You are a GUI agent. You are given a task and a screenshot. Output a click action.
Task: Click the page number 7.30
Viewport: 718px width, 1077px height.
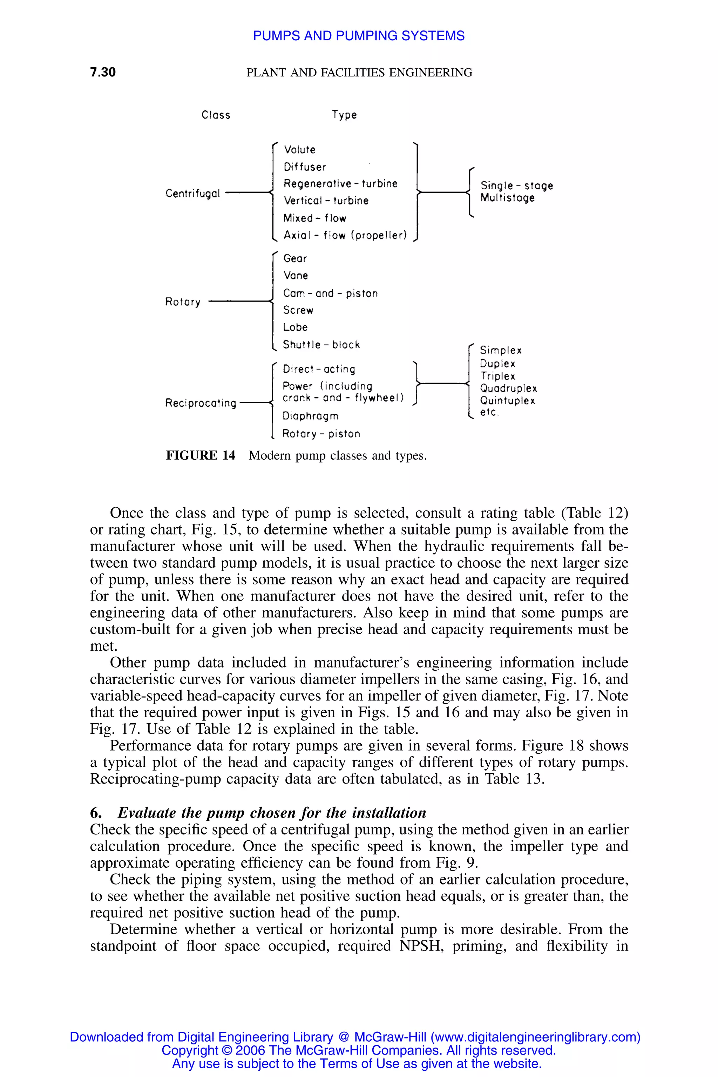(x=103, y=72)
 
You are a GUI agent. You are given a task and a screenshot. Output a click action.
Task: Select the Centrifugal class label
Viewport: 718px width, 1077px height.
(x=193, y=194)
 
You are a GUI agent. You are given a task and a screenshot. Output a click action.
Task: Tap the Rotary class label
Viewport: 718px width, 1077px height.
(x=183, y=302)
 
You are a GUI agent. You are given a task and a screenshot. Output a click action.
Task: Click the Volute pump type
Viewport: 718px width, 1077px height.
(x=299, y=150)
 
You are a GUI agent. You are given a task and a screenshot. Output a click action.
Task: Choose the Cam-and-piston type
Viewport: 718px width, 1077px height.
(x=330, y=293)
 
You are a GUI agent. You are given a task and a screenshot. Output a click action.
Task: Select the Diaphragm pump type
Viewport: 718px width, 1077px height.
(x=311, y=416)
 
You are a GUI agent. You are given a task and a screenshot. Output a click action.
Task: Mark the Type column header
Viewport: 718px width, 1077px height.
(x=344, y=115)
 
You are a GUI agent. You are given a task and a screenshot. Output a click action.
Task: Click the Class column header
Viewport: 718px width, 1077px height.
(x=216, y=115)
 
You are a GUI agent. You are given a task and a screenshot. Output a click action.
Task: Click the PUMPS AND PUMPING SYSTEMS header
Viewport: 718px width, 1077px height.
(x=359, y=36)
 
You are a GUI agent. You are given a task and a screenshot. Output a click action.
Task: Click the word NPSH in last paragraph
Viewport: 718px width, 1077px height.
(x=419, y=946)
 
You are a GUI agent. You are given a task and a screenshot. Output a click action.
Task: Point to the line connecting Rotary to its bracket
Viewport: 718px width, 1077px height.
(x=239, y=301)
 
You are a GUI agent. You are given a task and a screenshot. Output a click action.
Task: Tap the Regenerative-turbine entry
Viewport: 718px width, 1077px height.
(x=340, y=184)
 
